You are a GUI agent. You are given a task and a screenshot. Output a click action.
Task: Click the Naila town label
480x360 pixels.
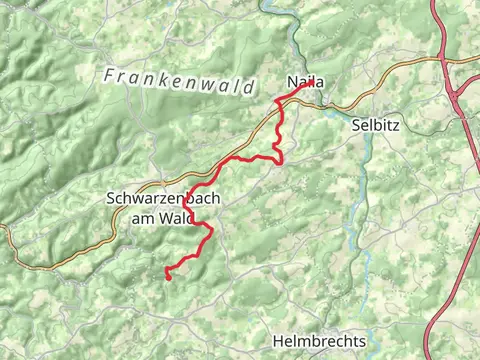click(x=305, y=82)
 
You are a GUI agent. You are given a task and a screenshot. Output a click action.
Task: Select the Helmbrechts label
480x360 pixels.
click(x=319, y=341)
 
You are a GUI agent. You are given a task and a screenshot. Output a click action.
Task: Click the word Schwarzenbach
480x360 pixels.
click(x=162, y=199)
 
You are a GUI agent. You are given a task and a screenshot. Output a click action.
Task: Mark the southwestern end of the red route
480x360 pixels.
click(x=167, y=277)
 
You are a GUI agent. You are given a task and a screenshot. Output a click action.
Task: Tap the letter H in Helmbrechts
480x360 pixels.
click(x=278, y=341)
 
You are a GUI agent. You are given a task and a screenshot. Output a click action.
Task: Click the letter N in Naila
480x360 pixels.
click(x=291, y=82)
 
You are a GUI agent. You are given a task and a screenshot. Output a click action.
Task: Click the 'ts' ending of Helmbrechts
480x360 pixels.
click(x=360, y=341)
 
